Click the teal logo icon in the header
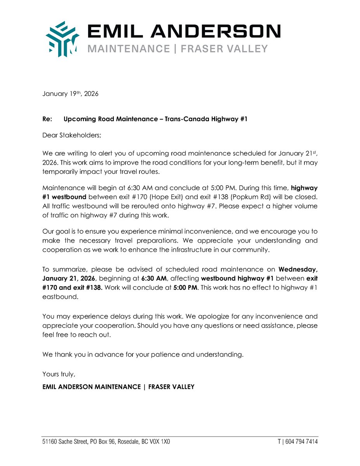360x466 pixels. pos(62,39)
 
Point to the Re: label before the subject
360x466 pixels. pos(47,119)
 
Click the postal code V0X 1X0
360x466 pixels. pos(160,442)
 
